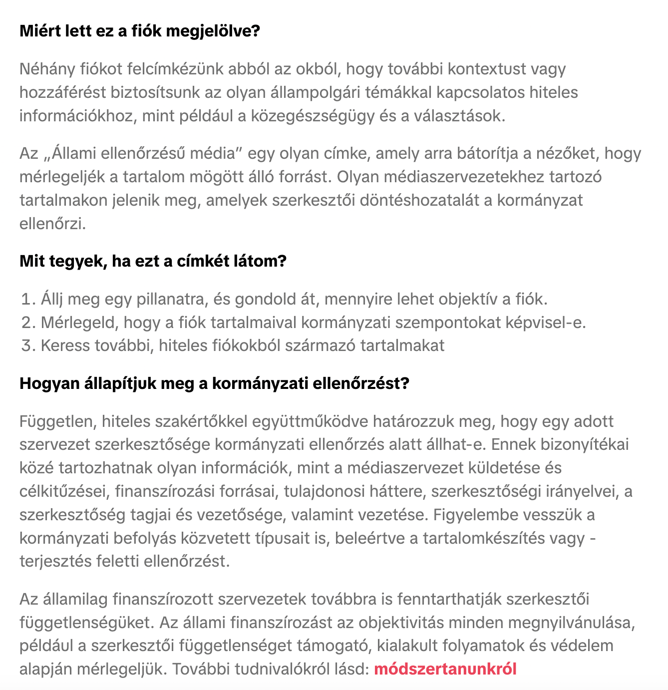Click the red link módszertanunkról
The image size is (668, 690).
click(445, 669)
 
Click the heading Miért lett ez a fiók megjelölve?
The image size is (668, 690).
click(140, 31)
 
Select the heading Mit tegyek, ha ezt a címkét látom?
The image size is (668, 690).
click(153, 261)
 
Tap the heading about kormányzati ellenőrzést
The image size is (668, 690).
click(214, 383)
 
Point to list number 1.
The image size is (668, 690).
click(28, 299)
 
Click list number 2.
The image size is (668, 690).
click(28, 323)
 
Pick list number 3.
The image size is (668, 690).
click(28, 345)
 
